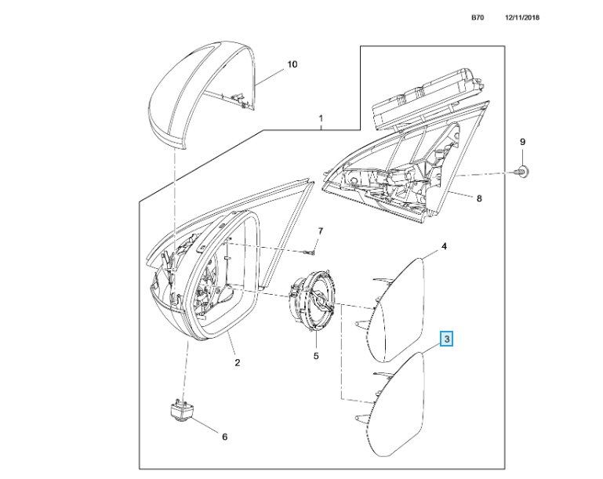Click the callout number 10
292,64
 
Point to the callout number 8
480,198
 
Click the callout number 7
319,230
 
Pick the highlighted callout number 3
446,339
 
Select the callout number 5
316,356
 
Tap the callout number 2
238,362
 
